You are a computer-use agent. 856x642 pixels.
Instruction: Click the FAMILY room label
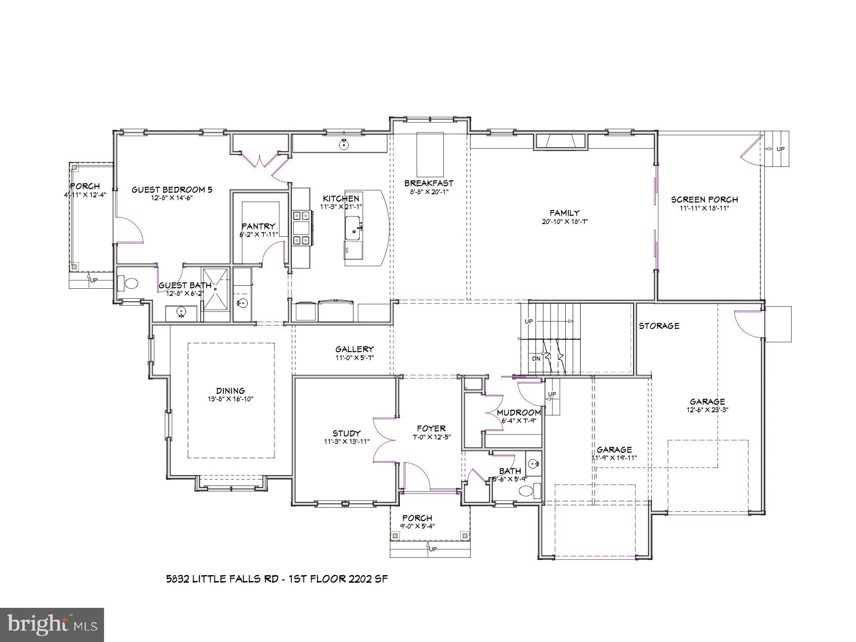coord(564,213)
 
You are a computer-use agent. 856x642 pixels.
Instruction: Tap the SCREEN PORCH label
coord(704,200)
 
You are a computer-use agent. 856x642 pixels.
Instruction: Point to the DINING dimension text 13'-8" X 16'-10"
coord(230,399)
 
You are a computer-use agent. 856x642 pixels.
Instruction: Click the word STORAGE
coord(658,326)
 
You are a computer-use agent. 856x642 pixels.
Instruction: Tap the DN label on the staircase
coord(536,358)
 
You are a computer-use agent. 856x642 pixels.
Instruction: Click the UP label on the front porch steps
coord(432,549)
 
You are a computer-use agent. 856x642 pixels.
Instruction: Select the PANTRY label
coord(258,226)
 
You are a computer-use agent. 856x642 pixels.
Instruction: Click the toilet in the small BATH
coord(527,491)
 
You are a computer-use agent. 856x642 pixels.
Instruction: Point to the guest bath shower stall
coord(215,288)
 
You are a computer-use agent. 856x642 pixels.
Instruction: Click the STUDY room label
coord(346,433)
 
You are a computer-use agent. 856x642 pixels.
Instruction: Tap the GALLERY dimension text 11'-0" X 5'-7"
coord(354,357)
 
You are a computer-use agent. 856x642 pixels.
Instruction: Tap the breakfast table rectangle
coord(429,151)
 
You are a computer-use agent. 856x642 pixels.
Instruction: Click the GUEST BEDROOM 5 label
coord(171,190)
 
